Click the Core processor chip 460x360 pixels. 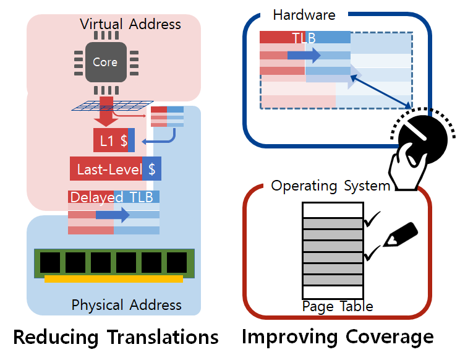tap(104, 62)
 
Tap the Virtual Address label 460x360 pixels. tap(130, 25)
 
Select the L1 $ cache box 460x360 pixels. tap(113, 140)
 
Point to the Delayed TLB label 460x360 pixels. tap(114, 197)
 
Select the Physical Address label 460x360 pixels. tap(126, 305)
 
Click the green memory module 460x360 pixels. tap(114, 264)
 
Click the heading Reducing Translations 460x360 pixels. tap(116, 337)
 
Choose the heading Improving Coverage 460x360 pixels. tap(337, 337)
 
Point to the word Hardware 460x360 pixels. tap(304, 14)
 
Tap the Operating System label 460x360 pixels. tap(331, 186)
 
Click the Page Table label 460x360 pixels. tap(337, 306)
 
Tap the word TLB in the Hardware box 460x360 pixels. tap(304, 38)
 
